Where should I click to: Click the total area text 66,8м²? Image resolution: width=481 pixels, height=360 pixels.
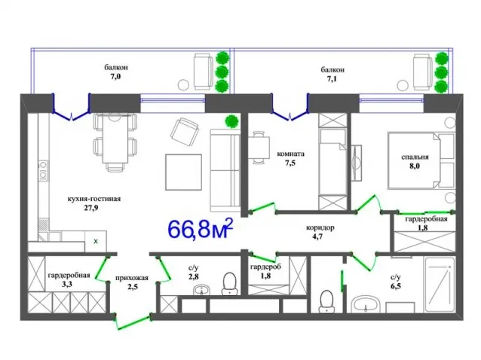tap(201, 228)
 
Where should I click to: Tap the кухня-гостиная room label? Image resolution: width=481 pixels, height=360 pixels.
tap(94, 199)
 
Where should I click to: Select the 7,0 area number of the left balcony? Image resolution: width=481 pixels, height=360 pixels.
tap(115, 77)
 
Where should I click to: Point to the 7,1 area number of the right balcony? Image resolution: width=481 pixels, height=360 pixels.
tap(332, 79)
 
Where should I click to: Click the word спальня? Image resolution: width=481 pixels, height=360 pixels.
tap(415, 157)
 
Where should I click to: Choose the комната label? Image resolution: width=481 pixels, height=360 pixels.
tap(290, 154)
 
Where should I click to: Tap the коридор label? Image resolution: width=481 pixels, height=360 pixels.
tap(320, 228)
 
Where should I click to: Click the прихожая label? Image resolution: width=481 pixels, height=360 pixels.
tap(132, 278)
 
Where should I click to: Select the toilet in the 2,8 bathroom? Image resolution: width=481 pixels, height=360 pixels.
tap(229, 283)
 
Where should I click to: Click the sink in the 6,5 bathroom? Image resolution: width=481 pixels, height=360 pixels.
tap(366, 304)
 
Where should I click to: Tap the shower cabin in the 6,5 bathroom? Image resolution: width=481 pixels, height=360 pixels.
tap(440, 285)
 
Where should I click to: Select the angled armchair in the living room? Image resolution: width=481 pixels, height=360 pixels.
tap(185, 133)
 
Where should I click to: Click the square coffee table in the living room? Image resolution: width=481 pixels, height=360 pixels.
tap(183, 172)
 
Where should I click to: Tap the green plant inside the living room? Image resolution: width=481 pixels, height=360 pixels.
tap(232, 121)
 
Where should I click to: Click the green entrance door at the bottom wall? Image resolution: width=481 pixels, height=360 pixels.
tap(133, 322)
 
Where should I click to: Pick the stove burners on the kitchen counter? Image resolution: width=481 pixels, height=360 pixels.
tap(43, 170)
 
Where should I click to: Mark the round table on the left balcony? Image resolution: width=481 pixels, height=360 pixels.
tap(183, 84)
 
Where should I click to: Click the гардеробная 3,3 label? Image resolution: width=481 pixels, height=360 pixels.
tap(69, 279)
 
